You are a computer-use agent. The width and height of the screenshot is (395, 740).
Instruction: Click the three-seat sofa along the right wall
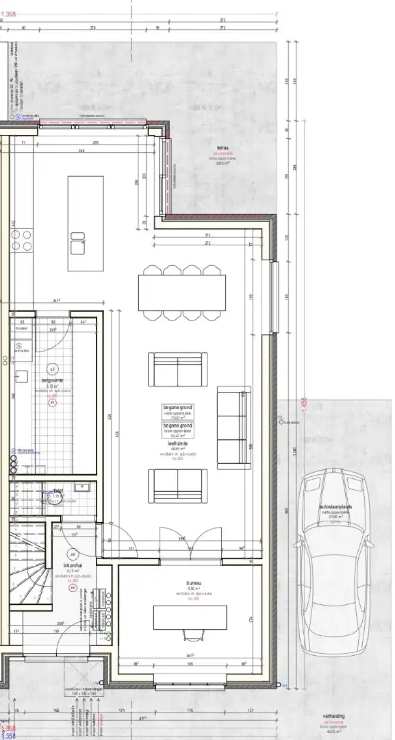coord(232,428)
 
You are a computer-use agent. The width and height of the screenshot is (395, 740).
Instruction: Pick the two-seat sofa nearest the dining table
coord(178,369)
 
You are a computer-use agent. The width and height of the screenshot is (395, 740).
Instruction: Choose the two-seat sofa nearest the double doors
coord(178,486)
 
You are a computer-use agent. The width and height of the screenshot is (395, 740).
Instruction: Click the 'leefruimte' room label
coord(177,444)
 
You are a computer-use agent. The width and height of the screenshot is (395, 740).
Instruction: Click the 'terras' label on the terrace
coord(222,147)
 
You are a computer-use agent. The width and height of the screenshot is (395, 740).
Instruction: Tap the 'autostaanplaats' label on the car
coord(335,508)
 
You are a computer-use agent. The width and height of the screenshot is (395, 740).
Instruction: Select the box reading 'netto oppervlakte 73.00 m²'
coord(177,412)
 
